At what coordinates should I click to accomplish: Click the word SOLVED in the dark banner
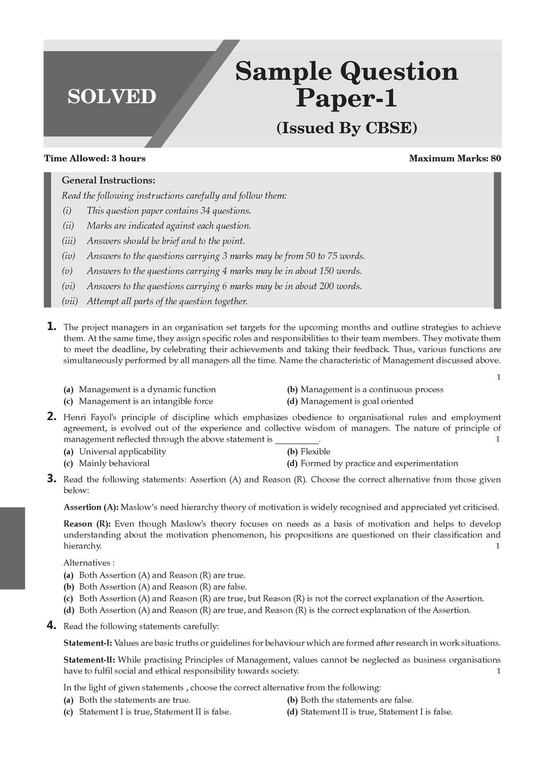[112, 96]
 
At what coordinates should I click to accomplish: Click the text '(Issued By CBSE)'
[346, 128]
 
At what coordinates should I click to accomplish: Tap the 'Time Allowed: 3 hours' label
[95, 158]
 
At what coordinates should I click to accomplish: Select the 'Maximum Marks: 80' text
[455, 158]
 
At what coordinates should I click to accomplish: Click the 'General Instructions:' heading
[109, 181]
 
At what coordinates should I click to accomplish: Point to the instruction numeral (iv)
[69, 256]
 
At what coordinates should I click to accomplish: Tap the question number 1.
[52, 327]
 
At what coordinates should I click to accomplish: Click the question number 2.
[52, 417]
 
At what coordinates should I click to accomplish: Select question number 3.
[52, 478]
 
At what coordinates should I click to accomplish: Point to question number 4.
[52, 626]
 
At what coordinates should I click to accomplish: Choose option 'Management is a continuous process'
[371, 389]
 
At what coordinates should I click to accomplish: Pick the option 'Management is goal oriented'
[357, 401]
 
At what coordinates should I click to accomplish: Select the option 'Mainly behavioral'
[114, 463]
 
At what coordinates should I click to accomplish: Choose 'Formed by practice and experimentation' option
[379, 463]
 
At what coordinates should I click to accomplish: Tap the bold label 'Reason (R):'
[88, 524]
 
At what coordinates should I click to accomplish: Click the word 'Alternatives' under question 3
[87, 562]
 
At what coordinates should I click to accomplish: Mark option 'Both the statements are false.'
[357, 700]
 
